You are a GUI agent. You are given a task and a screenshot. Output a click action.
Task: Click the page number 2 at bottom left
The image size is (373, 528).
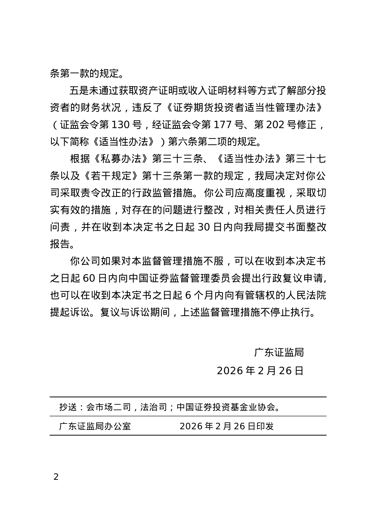56,477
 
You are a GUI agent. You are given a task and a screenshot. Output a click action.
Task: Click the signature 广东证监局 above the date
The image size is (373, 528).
279,352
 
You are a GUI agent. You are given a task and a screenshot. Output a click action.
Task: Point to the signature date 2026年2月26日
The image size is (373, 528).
260,371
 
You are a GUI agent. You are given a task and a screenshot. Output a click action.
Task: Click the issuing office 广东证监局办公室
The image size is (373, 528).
95,426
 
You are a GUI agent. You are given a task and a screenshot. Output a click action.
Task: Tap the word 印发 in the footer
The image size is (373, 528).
265,426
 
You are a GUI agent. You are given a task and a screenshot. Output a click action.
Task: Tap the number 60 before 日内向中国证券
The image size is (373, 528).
89,278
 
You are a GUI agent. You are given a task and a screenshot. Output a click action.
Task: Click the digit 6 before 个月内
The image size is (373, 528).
188,295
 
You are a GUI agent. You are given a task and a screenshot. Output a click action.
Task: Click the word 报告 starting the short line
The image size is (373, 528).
60,244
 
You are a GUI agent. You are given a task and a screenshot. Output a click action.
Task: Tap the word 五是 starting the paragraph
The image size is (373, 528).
80,91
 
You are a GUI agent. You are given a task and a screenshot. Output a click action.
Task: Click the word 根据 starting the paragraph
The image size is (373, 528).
80,159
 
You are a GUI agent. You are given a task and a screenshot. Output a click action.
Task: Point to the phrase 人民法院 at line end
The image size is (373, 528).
306,295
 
